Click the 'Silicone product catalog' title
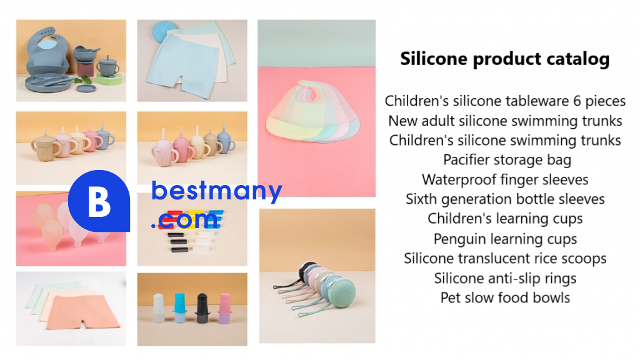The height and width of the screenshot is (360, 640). pos(505,59)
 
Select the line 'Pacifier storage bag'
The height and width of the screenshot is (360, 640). pos(507,159)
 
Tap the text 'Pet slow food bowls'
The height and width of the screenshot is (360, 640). pos(505,297)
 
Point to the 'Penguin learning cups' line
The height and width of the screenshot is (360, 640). pos(505,239)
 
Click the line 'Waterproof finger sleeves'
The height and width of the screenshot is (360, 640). pos(505,179)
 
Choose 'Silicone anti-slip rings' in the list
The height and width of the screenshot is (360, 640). pos(505,278)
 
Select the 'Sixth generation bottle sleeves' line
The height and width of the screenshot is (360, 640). pos(505,199)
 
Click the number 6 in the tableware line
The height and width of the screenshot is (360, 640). pos(577,101)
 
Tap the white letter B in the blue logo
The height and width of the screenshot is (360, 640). pos(99,202)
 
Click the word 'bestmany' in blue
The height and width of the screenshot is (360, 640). pos(217,191)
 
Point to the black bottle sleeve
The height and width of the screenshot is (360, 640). pos(202,309)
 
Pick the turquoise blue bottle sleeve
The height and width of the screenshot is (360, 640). pos(179,307)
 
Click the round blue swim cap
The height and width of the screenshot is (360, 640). pos(164,31)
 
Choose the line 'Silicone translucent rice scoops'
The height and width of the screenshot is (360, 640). pos(505,258)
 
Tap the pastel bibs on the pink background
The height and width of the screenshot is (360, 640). pos(313,111)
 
